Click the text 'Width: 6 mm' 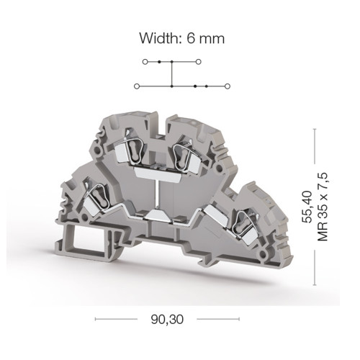point(181,38)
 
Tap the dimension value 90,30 point(167,319)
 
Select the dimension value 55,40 point(307,207)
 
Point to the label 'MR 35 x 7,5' point(323,207)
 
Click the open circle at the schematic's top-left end point(145,62)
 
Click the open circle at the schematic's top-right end point(198,62)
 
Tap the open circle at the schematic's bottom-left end point(137,86)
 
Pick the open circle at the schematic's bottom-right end point(228,86)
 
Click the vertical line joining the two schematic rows point(171,74)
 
